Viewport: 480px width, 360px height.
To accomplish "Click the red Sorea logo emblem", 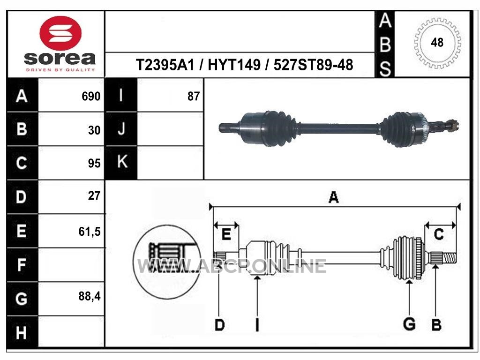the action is [x=60, y=33].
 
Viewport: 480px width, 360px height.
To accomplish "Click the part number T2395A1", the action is [x=165, y=65].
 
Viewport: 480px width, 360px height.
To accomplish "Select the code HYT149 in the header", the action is [x=234, y=65].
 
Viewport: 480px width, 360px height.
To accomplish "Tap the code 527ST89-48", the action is [x=313, y=65].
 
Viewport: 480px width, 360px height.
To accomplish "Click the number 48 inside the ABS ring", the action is [x=437, y=42].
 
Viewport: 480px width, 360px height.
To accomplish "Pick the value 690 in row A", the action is [x=91, y=96].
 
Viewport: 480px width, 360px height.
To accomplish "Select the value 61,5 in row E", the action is [x=90, y=232].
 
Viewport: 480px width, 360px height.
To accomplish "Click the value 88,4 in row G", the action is [x=90, y=296].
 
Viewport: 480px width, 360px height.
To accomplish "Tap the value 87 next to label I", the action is [x=194, y=96].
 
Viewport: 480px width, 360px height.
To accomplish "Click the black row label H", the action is [x=22, y=332].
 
